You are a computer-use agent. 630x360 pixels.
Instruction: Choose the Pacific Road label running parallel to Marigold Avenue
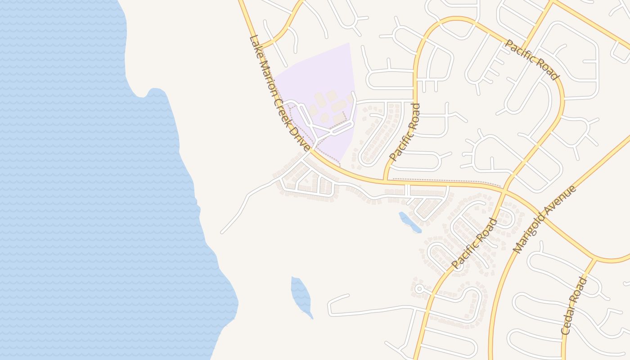tap(474, 243)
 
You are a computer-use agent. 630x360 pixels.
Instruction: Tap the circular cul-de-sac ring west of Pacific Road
tap(419, 289)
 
